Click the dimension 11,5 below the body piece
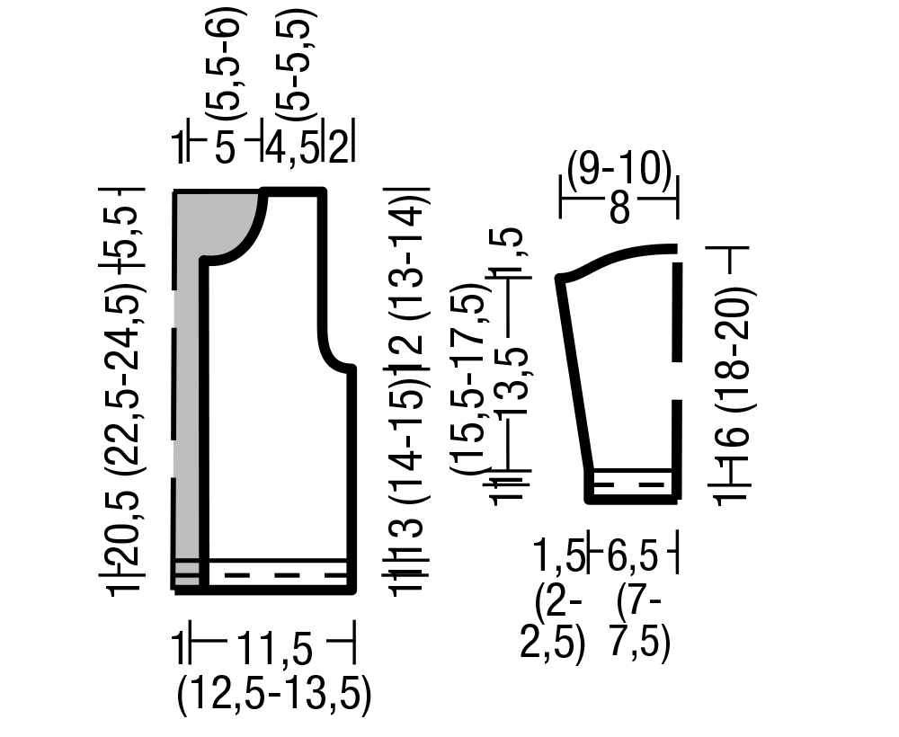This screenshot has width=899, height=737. point(275,649)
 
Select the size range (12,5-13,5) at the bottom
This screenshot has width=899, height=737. point(274,696)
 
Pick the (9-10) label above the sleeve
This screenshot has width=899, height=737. point(619,170)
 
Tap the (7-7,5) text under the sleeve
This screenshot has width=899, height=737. point(639,628)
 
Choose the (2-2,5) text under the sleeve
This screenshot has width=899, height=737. point(552,628)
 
